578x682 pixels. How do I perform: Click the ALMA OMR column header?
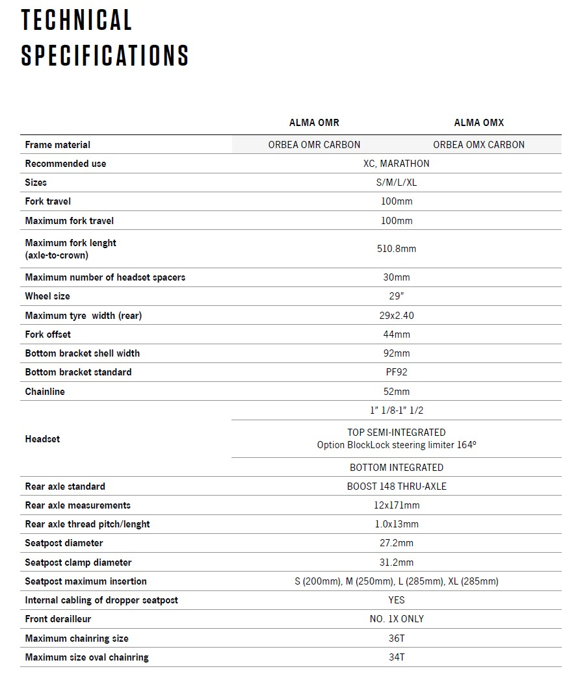click(314, 122)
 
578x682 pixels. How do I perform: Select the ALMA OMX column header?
click(479, 122)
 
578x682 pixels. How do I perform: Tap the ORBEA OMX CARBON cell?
click(479, 144)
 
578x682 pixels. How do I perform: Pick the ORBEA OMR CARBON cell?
click(314, 144)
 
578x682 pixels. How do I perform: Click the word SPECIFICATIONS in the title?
click(105, 55)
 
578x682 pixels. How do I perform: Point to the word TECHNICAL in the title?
click(77, 20)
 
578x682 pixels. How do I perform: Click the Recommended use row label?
click(65, 164)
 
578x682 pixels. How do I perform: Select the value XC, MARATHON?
click(397, 164)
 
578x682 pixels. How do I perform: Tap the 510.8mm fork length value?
click(397, 249)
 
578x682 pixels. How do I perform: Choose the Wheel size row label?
click(47, 296)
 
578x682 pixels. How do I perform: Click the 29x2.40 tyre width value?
click(397, 316)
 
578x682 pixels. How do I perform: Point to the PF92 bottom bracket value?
click(397, 372)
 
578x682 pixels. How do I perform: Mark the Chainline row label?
click(45, 392)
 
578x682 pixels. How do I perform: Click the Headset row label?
click(42, 439)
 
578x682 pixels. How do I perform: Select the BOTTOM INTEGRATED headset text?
click(397, 468)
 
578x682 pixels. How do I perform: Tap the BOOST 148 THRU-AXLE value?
click(397, 486)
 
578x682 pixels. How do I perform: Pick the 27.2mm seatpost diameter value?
click(397, 543)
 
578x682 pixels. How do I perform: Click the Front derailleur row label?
click(58, 619)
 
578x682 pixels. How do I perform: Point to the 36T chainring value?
click(397, 638)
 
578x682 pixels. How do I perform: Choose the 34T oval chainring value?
click(397, 657)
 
